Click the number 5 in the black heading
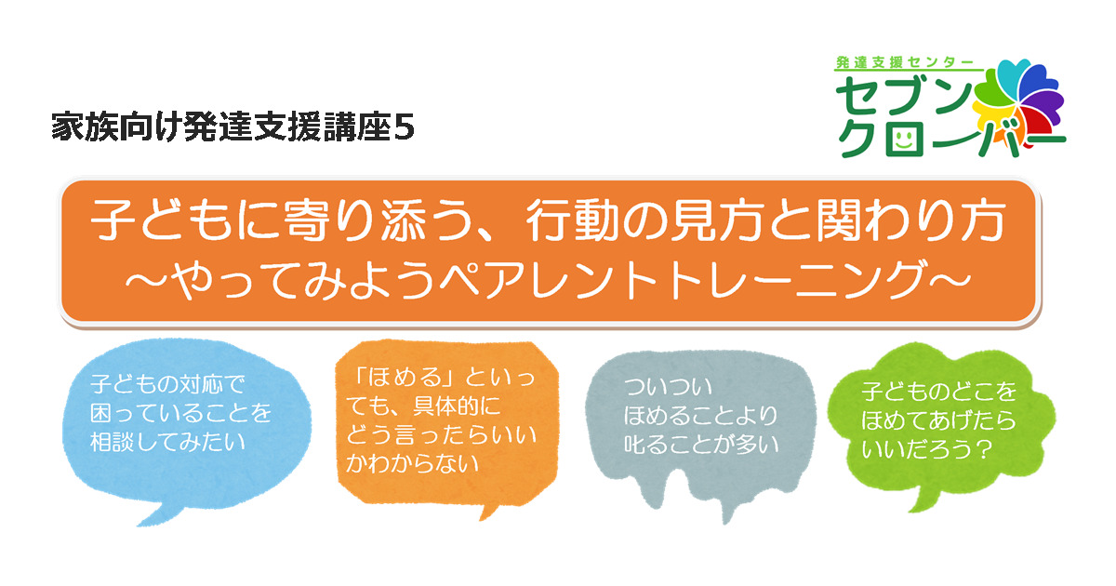[x=404, y=128]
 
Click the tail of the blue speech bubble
[x=158, y=514]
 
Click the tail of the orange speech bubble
[x=488, y=512]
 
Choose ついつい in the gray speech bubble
[x=668, y=387]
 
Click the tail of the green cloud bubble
[x=922, y=499]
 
